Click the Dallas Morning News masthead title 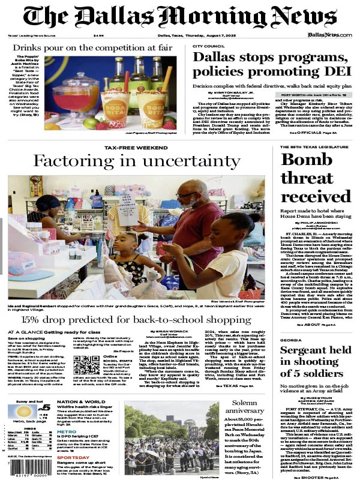(180, 17)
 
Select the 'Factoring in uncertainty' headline (136, 161)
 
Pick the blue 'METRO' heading (66, 431)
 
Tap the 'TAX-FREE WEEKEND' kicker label (136, 147)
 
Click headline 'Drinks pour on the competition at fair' (95, 47)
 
